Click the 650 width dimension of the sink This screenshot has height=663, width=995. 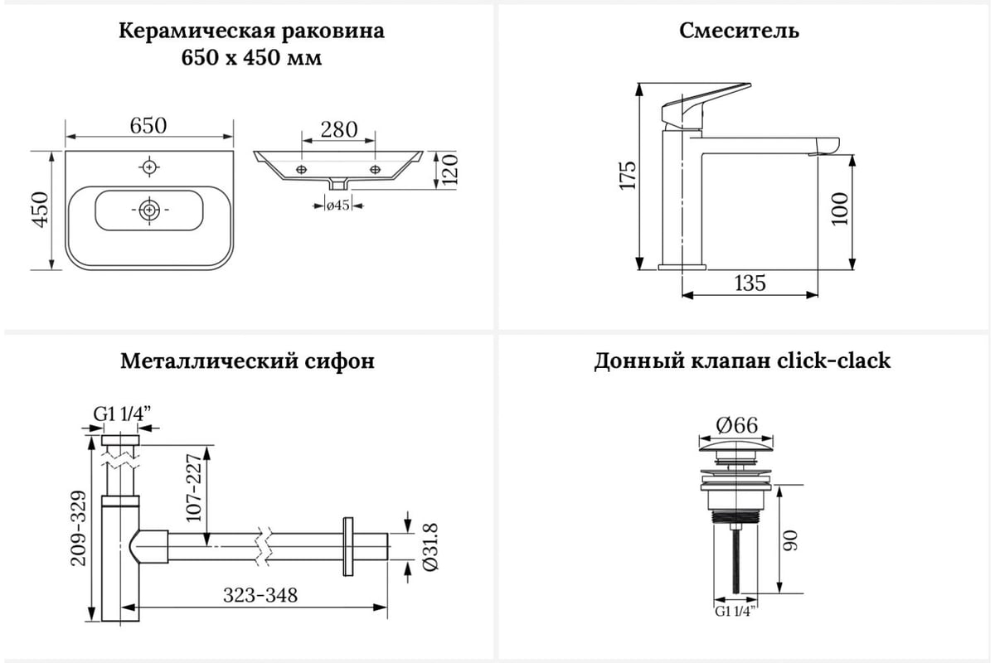(x=148, y=126)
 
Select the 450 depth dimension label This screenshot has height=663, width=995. (x=41, y=210)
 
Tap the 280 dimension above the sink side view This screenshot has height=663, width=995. (x=339, y=129)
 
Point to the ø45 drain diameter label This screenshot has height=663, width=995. (x=338, y=206)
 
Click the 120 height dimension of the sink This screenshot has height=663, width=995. (x=449, y=170)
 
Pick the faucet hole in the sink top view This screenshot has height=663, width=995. (x=149, y=167)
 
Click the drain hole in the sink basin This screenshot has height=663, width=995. (x=149, y=210)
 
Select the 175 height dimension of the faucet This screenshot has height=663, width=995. (x=629, y=176)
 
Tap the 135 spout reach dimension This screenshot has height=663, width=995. (x=750, y=283)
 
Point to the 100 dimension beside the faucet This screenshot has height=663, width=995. (x=839, y=209)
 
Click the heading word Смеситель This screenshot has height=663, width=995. (x=739, y=31)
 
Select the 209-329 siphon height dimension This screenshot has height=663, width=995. (x=78, y=529)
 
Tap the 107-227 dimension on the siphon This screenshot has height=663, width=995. (x=194, y=488)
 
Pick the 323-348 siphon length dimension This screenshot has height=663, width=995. (x=260, y=595)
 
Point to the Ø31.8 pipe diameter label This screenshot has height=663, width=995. (x=430, y=547)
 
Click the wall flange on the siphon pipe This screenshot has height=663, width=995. (x=348, y=547)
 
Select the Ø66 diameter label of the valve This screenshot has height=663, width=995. (x=737, y=425)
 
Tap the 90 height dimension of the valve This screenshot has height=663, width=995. (x=790, y=541)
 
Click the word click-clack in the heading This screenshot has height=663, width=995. (x=834, y=361)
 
